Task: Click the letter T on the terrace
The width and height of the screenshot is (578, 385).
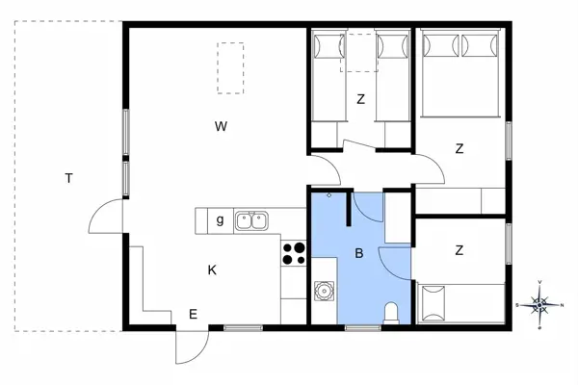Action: click(68, 178)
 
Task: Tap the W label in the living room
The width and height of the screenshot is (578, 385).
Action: click(221, 126)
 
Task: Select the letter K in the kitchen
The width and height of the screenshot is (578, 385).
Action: click(212, 270)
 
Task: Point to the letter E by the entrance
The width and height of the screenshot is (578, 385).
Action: click(193, 313)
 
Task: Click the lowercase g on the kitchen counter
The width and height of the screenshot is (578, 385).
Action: click(220, 220)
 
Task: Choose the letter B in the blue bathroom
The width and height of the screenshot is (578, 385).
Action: click(358, 255)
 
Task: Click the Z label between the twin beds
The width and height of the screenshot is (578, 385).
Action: click(361, 98)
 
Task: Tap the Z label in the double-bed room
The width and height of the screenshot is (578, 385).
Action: click(460, 148)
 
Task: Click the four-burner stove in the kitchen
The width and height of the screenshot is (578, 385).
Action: click(294, 253)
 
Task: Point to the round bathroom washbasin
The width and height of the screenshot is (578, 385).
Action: click(324, 290)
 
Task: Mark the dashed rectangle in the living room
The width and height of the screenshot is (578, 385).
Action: click(230, 67)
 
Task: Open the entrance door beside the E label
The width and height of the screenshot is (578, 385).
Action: click(190, 346)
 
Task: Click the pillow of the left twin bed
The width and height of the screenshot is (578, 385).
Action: click(329, 44)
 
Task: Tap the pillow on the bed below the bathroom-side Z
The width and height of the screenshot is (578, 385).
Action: click(432, 303)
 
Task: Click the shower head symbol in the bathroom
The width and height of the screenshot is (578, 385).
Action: click(329, 195)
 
